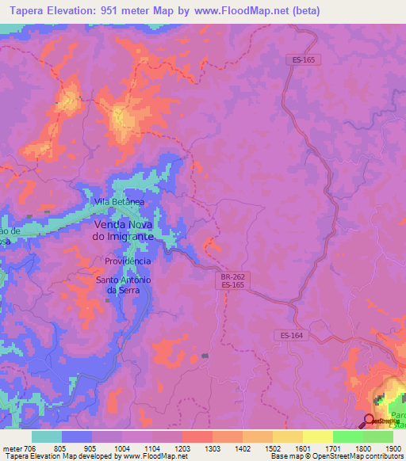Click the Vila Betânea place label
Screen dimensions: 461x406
tap(119, 202)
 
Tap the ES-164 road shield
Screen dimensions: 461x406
tap(291, 335)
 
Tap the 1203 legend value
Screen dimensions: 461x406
tap(181, 448)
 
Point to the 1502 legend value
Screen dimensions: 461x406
tap(272, 448)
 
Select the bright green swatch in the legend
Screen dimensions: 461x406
tap(347, 436)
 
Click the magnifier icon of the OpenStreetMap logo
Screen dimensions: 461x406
tap(369, 420)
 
